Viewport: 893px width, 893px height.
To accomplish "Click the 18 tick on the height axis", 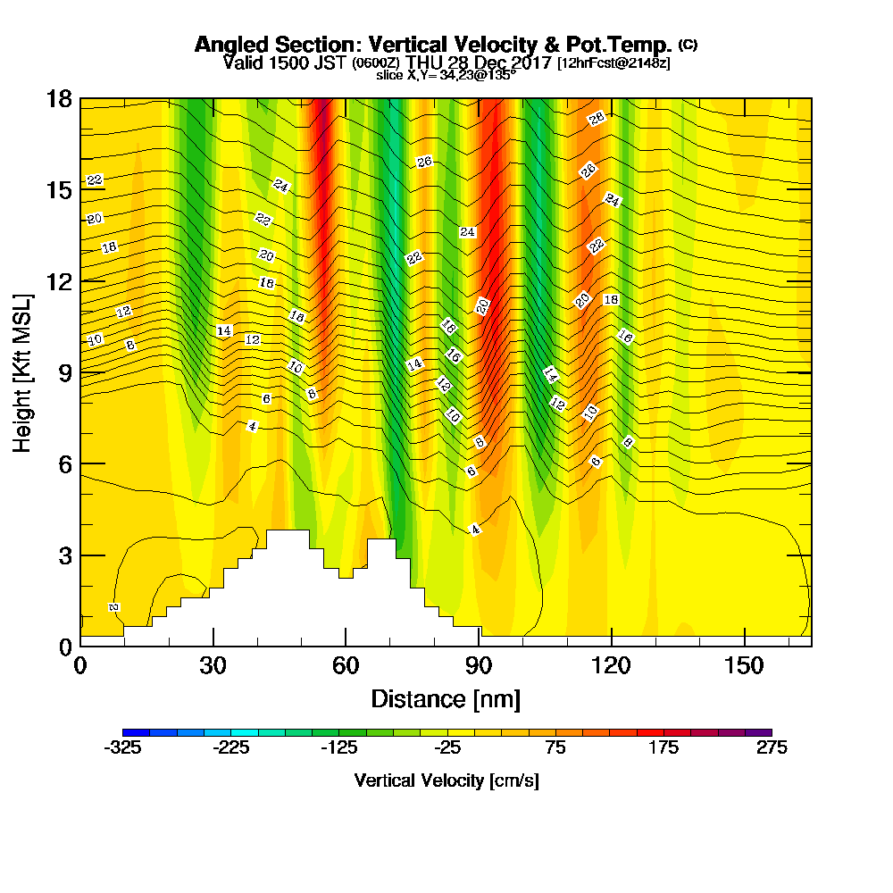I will coord(59,98).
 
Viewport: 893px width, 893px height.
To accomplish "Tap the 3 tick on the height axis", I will coord(64,555).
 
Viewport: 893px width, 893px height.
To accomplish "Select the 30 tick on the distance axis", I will coord(213,666).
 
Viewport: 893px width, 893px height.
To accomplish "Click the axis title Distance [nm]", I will coord(446,698).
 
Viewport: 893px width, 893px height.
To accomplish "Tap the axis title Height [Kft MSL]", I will coord(23,371).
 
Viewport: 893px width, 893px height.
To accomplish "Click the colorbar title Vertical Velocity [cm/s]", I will coord(446,781).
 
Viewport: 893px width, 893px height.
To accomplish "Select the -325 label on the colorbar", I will coord(122,748).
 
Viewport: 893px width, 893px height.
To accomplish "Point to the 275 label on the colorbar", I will coord(771,748).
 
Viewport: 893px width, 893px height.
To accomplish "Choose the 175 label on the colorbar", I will coord(663,748).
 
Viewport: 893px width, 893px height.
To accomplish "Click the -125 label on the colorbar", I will coord(338,748).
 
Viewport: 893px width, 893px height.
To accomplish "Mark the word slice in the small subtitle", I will coord(390,75).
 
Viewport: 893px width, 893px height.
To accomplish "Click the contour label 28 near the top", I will coord(597,118).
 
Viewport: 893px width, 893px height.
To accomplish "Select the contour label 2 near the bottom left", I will coord(114,607).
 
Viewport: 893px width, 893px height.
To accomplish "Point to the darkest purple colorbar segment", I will coord(757,732).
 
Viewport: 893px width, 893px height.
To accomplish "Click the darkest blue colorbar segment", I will coord(136,732).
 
